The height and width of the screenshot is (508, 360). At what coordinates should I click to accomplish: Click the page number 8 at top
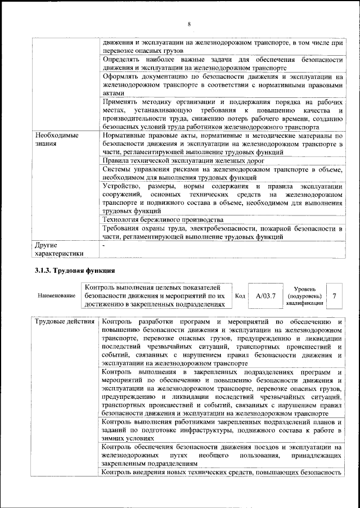coord(189,24)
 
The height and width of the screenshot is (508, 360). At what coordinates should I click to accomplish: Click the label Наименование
coord(56,295)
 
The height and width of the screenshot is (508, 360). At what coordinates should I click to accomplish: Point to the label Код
coord(240,295)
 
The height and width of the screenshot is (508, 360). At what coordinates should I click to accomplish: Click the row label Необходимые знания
coord(57,140)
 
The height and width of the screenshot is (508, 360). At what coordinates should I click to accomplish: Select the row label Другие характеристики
coord(58,249)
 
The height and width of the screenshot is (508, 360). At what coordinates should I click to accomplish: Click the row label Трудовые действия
coord(64,322)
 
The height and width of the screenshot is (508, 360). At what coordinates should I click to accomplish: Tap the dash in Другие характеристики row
coord(103,245)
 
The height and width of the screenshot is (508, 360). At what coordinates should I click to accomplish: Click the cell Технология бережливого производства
coord(163,219)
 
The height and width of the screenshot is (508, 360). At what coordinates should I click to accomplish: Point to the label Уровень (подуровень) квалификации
coord(304,295)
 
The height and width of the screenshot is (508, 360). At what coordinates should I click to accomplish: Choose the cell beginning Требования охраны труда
coord(222,232)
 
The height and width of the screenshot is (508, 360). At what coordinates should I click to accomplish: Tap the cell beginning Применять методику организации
coord(222,114)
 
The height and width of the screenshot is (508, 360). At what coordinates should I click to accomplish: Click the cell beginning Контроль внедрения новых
coord(222,472)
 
